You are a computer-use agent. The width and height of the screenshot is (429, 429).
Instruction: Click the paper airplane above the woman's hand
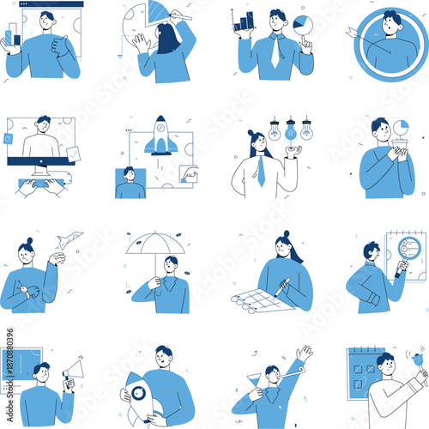pyautogui.click(x=71, y=239)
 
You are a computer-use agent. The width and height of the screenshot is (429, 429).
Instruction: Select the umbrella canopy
pyautogui.click(x=155, y=245)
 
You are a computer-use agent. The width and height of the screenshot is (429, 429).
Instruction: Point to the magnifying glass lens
pyautogui.click(x=401, y=266)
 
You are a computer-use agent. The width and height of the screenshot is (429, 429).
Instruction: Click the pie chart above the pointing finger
pyautogui.click(x=302, y=23)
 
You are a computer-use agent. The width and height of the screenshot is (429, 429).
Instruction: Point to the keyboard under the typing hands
pyautogui.click(x=41, y=183)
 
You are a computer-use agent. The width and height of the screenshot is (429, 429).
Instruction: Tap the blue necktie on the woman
pyautogui.click(x=261, y=171)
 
